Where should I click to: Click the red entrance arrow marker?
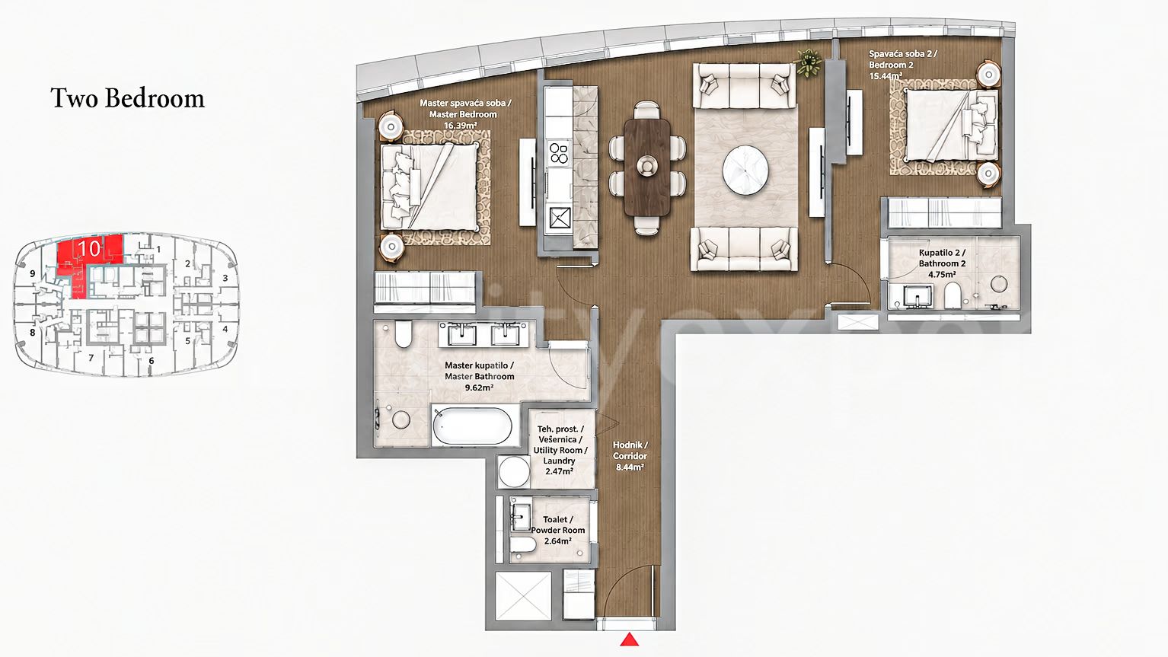pos(630,639)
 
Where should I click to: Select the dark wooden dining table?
pos(647,166)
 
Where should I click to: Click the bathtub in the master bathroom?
pos(472,426)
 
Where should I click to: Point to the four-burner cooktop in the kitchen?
pos(558,153)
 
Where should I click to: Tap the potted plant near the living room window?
pos(808,62)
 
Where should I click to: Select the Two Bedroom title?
pos(127,98)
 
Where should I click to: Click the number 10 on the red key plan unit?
pos(89,248)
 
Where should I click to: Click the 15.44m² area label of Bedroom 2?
pos(886,76)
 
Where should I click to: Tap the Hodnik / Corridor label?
pos(630,451)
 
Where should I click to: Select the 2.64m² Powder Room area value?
pos(557,541)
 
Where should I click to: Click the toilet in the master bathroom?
pos(403,333)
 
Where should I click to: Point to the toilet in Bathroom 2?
pos(952,295)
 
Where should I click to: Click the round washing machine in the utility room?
pos(514,471)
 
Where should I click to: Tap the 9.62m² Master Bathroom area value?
pos(479,388)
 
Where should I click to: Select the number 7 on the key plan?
pos(91,358)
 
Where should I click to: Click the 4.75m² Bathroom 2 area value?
pos(942,274)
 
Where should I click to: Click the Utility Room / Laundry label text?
pos(560,456)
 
